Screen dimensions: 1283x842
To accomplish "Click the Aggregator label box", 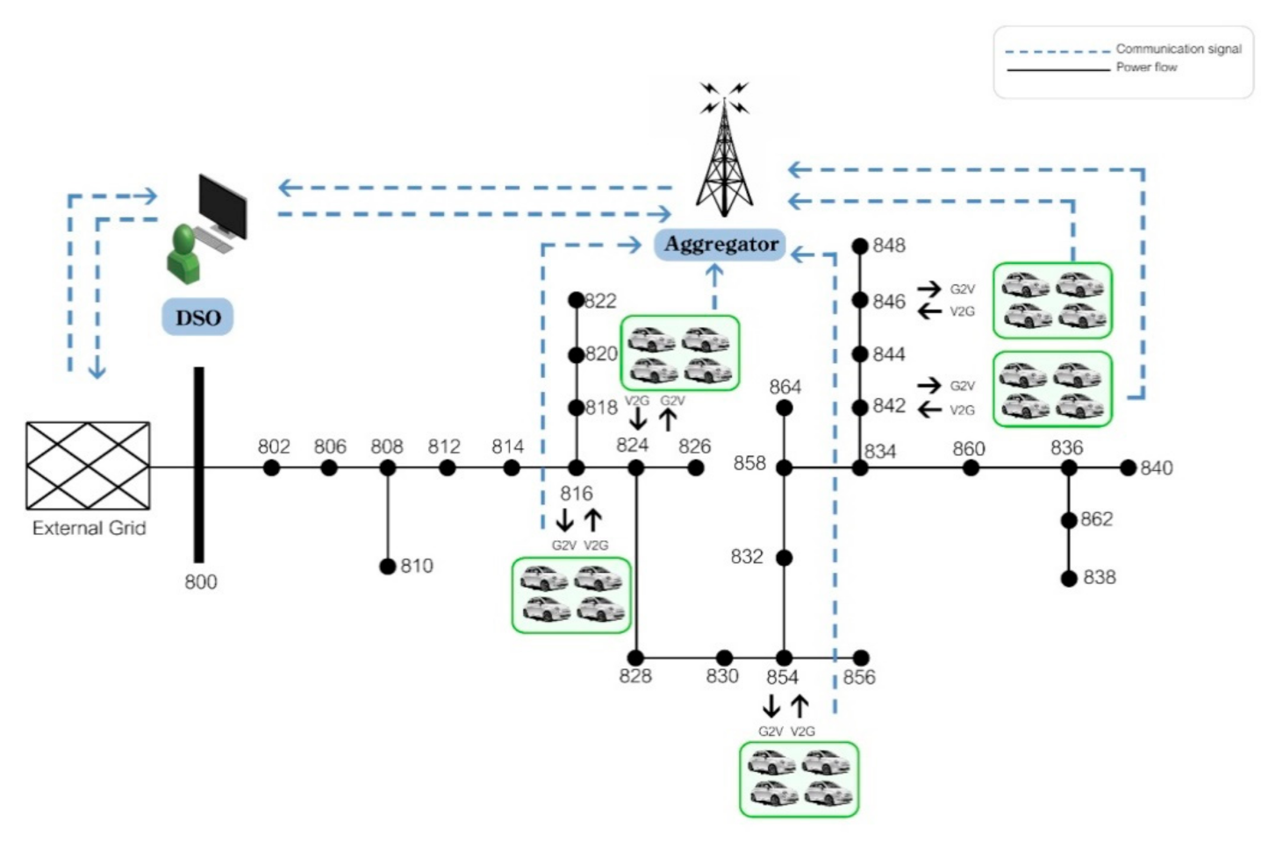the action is point(720,245).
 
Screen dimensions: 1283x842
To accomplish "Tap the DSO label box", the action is point(197,317).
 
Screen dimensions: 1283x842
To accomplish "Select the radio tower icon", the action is point(724,149).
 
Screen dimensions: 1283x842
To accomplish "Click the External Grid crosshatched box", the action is point(89,466).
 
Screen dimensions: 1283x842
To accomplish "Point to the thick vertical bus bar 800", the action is point(198,465).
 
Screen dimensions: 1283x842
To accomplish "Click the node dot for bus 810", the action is point(388,566).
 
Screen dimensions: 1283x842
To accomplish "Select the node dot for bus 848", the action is point(860,246).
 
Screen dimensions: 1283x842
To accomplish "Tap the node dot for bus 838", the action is point(1069,579).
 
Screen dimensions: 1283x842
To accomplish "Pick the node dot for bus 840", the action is point(1128,467).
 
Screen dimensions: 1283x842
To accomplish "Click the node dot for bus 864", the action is point(785,408).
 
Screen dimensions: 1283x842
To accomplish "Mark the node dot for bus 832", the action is point(785,557).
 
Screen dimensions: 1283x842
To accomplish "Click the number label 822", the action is point(600,301).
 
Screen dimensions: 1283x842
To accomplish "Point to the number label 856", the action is point(859,677).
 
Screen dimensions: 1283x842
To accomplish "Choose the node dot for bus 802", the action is point(271,467).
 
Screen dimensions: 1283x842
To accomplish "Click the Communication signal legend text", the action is point(1179,48).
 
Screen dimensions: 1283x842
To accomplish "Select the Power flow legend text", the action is point(1147,67).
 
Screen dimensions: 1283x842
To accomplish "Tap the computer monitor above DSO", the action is point(224,206).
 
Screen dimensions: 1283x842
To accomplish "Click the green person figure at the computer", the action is point(183,253).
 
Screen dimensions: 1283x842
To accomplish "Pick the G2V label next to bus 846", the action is point(962,289).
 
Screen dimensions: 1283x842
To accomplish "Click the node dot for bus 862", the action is point(1069,520).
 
